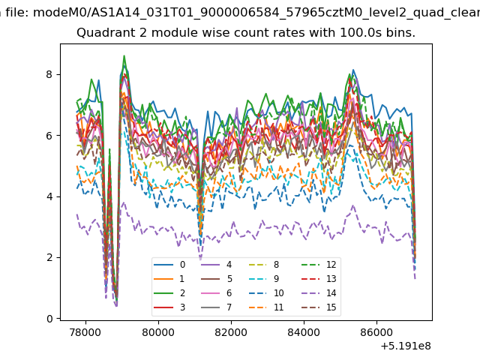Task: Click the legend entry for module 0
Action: point(169,265)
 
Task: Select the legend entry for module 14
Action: point(319,293)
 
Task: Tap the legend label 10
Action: point(278,293)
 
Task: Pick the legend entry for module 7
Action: point(217,307)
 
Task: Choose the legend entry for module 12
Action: point(319,265)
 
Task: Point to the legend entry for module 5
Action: point(217,278)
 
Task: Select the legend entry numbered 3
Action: point(169,307)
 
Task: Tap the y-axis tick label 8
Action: point(49,74)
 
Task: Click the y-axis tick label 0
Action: point(49,319)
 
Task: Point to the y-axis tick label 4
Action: point(49,196)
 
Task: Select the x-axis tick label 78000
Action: point(85,332)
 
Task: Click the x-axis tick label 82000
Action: point(231,332)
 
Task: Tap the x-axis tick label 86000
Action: point(376,332)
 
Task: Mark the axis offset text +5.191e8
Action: point(406,346)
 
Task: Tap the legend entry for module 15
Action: point(319,307)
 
